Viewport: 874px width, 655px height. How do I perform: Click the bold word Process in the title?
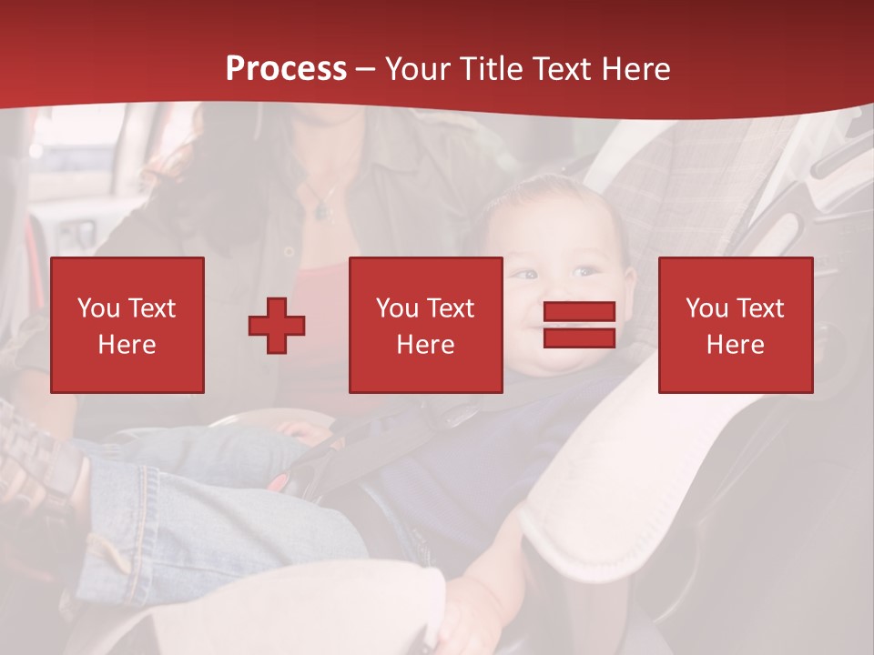[286, 69]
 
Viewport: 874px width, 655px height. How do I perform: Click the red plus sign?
[277, 326]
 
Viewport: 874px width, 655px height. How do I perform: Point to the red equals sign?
[579, 325]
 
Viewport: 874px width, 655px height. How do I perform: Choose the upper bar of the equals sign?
[579, 312]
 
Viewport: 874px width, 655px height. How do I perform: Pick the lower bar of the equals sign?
[579, 338]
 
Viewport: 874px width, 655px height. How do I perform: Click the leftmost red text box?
[127, 325]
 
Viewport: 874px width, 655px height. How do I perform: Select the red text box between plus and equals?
[425, 325]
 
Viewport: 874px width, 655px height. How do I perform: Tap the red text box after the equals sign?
[735, 325]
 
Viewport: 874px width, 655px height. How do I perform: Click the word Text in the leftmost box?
[151, 308]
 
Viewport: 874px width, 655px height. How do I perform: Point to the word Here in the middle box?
[425, 345]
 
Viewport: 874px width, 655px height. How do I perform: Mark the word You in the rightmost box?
[706, 308]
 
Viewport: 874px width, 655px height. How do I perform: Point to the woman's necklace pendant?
[321, 212]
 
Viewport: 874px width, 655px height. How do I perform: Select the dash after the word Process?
[365, 69]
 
